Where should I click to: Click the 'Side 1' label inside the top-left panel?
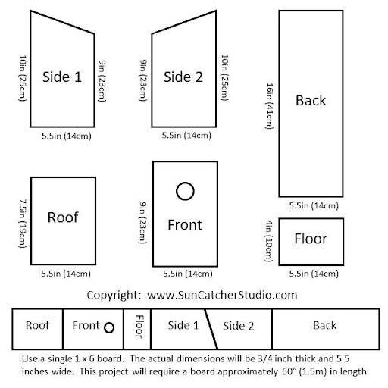click(62, 77)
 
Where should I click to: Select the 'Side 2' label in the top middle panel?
click(183, 77)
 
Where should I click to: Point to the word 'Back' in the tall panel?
click(311, 100)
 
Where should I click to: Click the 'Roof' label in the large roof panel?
click(63, 217)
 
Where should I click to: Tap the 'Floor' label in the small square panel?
click(311, 239)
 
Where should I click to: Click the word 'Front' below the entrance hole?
click(185, 224)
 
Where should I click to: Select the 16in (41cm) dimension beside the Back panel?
click(269, 106)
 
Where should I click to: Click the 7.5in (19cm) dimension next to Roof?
click(23, 224)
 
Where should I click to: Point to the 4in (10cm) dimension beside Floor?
click(269, 241)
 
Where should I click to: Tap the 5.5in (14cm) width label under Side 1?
click(67, 136)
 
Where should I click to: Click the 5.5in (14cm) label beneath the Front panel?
click(188, 274)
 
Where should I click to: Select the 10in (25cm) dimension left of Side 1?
click(23, 78)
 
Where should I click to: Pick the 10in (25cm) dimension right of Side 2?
click(225, 77)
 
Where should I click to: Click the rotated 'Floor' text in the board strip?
click(139, 327)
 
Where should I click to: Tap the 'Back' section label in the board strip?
click(325, 325)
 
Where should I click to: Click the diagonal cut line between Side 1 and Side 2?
click(211, 329)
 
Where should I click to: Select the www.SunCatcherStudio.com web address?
click(222, 295)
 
